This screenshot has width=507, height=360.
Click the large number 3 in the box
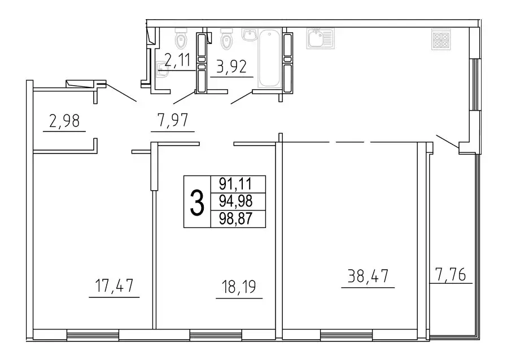(x=197, y=202)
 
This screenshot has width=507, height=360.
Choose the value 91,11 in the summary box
(x=238, y=183)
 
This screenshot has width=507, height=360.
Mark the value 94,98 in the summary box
(x=238, y=201)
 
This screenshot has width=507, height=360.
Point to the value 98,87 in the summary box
(x=238, y=218)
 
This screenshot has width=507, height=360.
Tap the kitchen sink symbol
(x=317, y=38)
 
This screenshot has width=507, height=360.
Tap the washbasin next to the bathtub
(x=249, y=34)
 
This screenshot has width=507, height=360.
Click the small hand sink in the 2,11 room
(x=161, y=71)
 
